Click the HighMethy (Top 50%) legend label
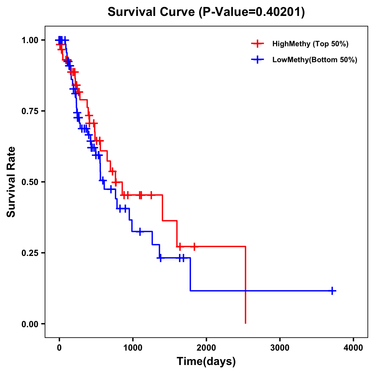(310, 44)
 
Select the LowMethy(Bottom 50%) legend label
(315, 60)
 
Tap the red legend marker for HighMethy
(257, 44)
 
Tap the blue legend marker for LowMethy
(257, 60)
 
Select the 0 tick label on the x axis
(59, 348)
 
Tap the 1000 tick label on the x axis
(133, 348)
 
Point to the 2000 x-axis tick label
(206, 348)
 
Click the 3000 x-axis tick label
(280, 348)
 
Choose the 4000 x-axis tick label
(353, 348)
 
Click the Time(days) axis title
(206, 362)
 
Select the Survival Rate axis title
(11, 182)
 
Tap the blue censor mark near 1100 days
(140, 232)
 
